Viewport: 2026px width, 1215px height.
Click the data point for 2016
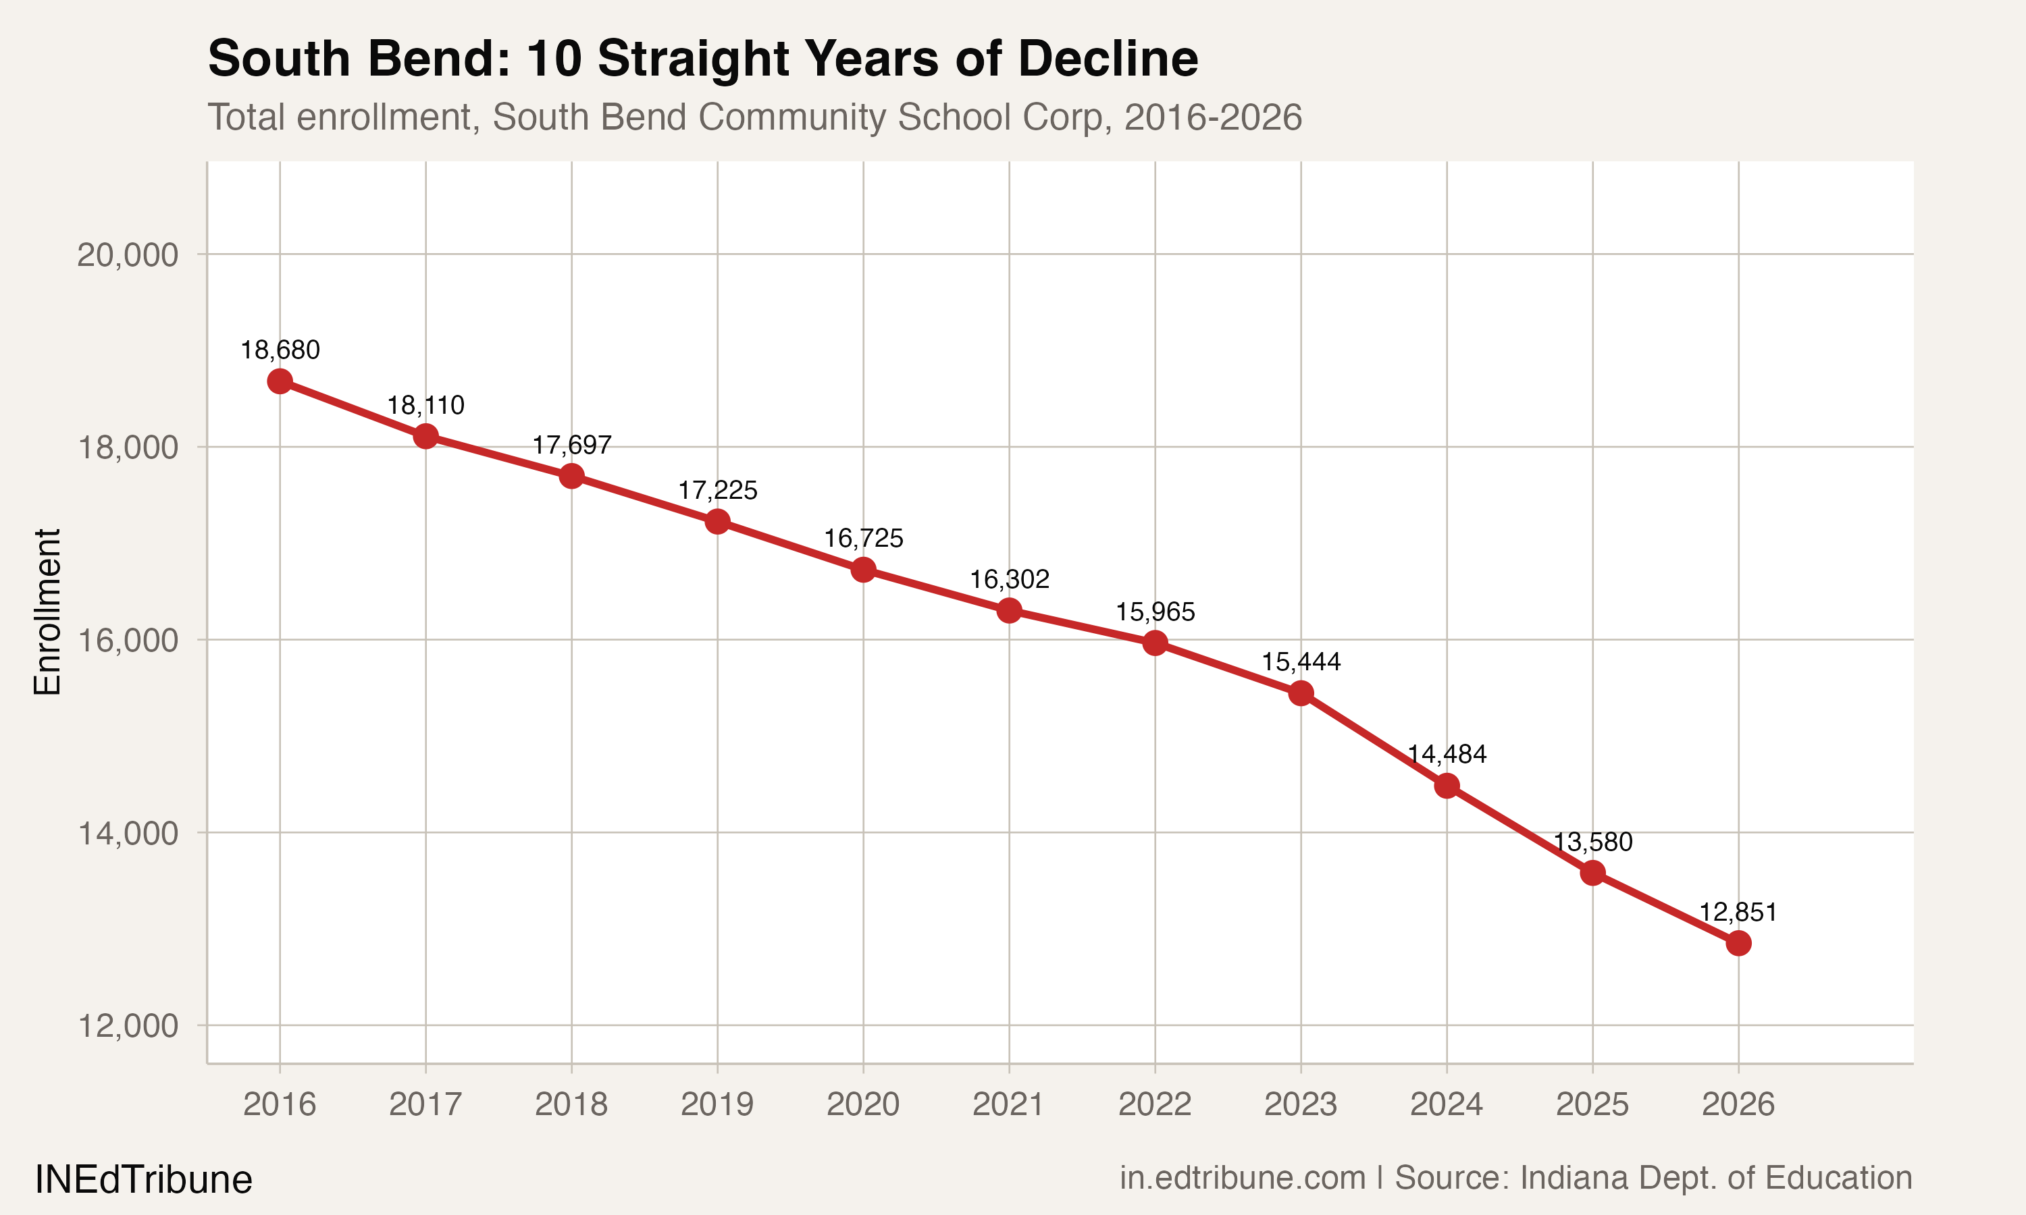280,381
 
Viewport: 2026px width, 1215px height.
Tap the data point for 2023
1301,693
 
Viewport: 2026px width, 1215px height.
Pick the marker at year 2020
863,570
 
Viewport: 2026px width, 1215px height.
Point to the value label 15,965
1155,612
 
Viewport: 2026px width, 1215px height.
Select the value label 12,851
1738,912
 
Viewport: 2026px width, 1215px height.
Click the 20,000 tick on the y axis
128,254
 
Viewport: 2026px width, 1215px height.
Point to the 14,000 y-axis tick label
128,834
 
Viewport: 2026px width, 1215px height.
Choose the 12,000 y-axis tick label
128,1026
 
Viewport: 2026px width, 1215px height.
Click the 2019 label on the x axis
717,1104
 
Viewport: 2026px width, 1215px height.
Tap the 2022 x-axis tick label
1155,1104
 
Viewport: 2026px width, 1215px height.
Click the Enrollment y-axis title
47,612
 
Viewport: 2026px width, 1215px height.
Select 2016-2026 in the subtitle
1213,117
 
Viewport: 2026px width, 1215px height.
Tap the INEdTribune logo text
143,1180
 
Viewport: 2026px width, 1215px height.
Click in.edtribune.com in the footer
1243,1178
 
